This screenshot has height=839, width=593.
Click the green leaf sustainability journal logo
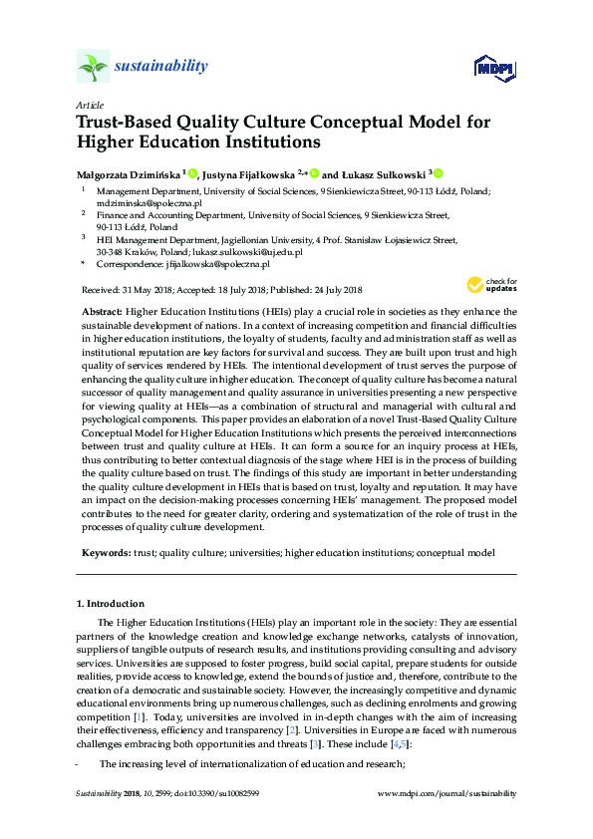93,68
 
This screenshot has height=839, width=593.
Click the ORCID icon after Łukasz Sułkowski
437,171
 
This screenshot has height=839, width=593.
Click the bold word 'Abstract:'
102,312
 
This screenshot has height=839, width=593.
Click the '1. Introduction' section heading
110,604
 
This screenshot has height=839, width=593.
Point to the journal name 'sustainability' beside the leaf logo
162,67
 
